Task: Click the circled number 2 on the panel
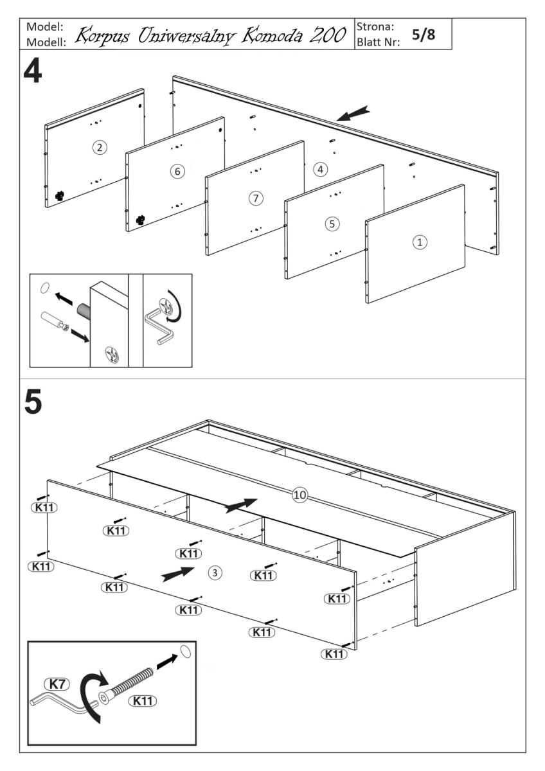pos(98,148)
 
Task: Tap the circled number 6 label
pos(178,171)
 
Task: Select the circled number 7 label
pos(256,198)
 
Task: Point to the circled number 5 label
pos(332,224)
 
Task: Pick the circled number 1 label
pos(419,242)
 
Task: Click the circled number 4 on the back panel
pos(320,170)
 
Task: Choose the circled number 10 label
pos(300,495)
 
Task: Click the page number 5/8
pos(423,34)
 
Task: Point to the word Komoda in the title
pos(263,36)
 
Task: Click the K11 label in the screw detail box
pos(143,701)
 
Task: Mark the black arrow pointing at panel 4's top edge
pos(353,114)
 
